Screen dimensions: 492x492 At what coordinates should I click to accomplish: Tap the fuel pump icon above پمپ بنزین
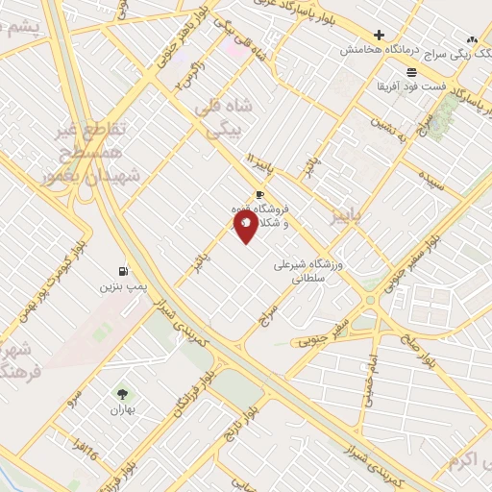coord(123,271)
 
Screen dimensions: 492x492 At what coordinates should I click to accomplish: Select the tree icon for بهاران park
coord(122,394)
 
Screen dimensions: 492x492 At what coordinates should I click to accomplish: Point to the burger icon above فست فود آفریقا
coord(411,73)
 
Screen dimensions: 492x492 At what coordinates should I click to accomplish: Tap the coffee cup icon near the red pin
coord(259,194)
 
